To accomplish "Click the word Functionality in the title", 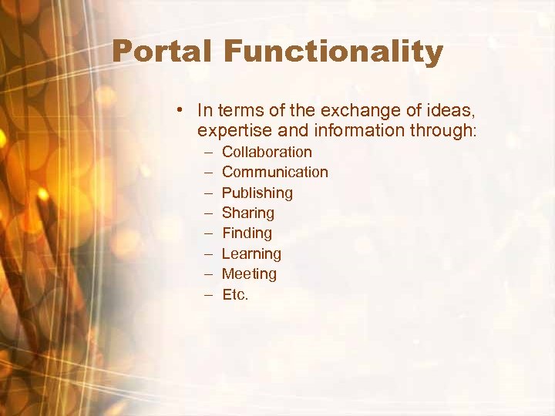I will (334, 52).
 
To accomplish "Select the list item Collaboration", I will (267, 152).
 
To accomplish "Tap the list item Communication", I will (274, 172).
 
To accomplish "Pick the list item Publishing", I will (257, 193).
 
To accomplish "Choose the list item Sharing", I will (247, 213).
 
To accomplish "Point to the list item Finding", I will (247, 233).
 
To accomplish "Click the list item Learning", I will (251, 253).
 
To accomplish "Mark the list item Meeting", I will (249, 273).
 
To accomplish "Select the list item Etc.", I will (235, 294).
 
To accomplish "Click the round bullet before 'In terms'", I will (178, 110).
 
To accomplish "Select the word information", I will (352, 131).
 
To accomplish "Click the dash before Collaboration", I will (208, 153).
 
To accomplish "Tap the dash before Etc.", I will (208, 295).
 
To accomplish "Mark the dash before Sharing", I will (208, 213).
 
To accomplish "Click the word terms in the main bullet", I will (234, 110).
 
